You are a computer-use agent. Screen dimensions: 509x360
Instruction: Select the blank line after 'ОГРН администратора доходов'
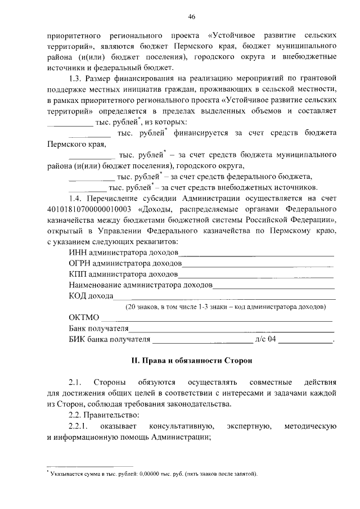(x=258, y=264)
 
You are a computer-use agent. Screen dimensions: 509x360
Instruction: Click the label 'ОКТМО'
(x=84, y=318)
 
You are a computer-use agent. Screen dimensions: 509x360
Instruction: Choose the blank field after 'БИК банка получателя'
(x=202, y=341)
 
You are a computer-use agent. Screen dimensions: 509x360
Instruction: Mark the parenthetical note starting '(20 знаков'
(x=225, y=307)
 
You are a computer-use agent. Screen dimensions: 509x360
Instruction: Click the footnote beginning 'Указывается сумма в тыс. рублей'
(x=154, y=474)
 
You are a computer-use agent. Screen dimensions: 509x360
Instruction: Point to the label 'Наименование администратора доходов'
(x=141, y=286)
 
